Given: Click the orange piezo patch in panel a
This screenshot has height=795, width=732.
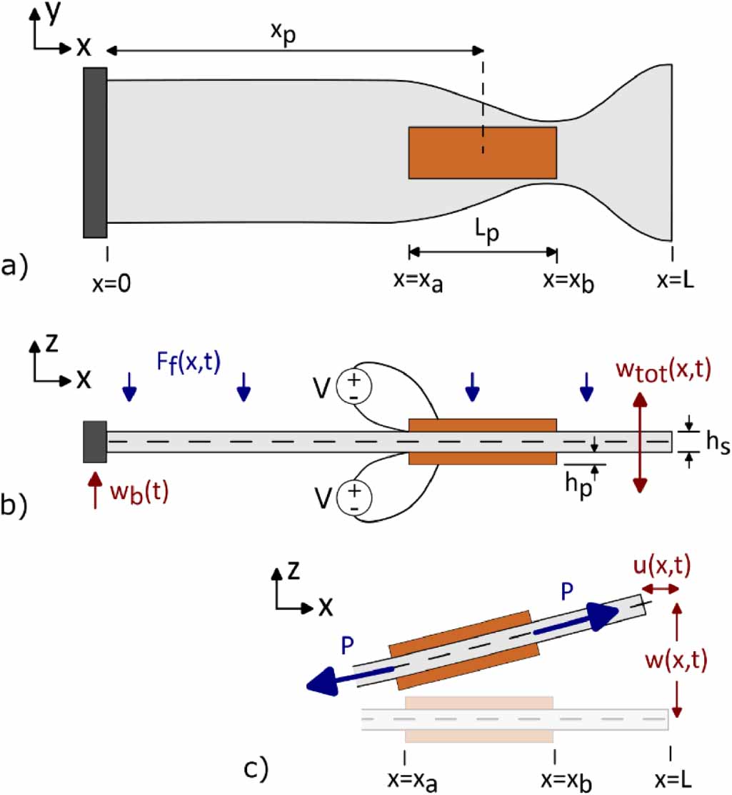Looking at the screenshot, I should (482, 152).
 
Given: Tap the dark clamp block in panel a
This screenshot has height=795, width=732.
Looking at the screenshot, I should (95, 152).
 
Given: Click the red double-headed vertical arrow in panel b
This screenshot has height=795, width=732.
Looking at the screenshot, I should (640, 443).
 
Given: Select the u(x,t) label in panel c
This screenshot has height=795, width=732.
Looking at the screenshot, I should (661, 566).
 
